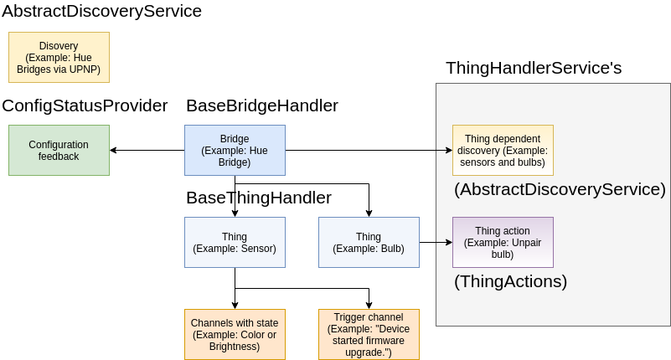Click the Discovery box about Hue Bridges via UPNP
[59, 58]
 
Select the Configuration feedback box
[59, 151]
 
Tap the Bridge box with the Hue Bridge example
[235, 151]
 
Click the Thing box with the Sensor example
[235, 243]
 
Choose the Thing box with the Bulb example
[369, 243]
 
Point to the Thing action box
[503, 243]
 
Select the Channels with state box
[235, 334]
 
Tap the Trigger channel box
[369, 334]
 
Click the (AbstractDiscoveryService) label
[560, 189]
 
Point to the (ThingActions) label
[510, 281]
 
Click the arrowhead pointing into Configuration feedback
[114, 151]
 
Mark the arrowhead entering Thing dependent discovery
[448, 151]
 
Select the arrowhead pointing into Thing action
[448, 243]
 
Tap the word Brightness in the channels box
[235, 346]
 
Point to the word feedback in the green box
[59, 157]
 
